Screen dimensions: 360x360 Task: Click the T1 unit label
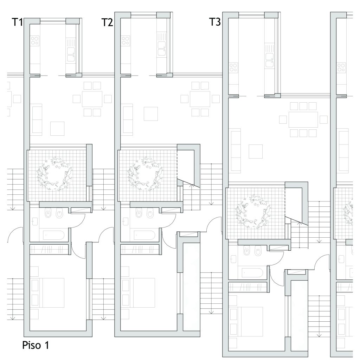click(17, 22)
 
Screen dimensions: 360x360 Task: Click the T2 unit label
click(107, 22)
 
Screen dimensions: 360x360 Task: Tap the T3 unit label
click(215, 22)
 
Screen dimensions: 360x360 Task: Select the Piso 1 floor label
click(36, 345)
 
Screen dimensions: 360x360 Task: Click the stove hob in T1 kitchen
click(35, 40)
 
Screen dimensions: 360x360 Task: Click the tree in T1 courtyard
click(54, 174)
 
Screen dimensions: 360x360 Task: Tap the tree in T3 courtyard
click(253, 211)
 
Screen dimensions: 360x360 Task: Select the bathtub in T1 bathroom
click(53, 235)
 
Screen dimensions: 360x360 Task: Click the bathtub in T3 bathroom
click(252, 273)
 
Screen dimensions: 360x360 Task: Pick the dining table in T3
click(303, 120)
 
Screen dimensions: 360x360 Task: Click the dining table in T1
click(92, 99)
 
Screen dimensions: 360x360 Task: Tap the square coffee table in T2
click(151, 114)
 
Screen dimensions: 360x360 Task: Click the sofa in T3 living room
click(236, 150)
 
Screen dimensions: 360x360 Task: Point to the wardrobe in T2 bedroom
click(140, 250)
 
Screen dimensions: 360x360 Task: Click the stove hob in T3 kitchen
click(233, 67)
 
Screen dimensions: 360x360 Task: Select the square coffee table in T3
click(256, 151)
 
